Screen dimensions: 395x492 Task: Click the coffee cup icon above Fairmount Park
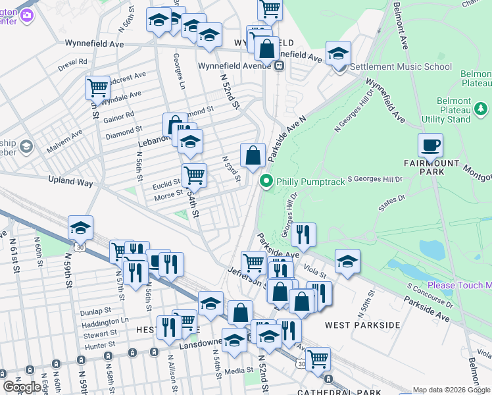coord(430,145)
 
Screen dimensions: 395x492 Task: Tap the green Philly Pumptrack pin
coord(266,181)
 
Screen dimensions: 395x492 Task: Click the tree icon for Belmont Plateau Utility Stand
coord(481,108)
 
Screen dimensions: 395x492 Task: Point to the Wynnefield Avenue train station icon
coord(280,65)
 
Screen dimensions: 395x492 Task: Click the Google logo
coord(22,386)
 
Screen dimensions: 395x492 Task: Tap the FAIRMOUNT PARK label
coord(422,167)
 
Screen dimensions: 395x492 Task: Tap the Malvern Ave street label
coord(64,141)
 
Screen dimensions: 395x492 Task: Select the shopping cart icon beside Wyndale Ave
coord(97,87)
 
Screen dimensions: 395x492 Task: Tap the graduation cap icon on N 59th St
coord(80,228)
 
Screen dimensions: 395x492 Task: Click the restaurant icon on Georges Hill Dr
coord(303,234)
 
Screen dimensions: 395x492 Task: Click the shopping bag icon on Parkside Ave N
coord(253,156)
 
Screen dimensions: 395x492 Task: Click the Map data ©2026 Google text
coord(451,390)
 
